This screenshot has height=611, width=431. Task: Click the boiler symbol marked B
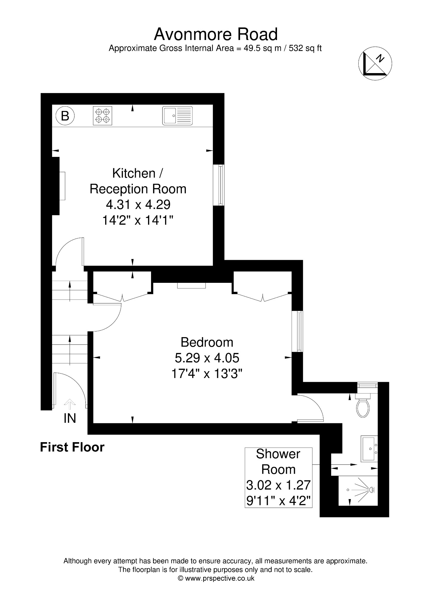(65, 115)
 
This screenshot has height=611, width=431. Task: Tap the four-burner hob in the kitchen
(102, 116)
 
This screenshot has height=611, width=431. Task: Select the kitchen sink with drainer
(178, 115)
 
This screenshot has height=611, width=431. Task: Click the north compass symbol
(375, 64)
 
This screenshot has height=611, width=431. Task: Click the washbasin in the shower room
(369, 448)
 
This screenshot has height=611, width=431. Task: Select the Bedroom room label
(207, 342)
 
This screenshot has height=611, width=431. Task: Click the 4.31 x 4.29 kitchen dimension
(138, 205)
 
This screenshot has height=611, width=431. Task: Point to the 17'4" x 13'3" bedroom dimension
(207, 374)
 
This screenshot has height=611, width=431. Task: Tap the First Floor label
(72, 447)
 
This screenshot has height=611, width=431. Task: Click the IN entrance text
(70, 418)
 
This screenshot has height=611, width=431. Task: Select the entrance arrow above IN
(70, 404)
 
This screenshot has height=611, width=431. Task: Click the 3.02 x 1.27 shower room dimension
(278, 485)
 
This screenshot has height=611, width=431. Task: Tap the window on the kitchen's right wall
(219, 185)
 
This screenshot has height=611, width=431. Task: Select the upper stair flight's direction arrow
(70, 291)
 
